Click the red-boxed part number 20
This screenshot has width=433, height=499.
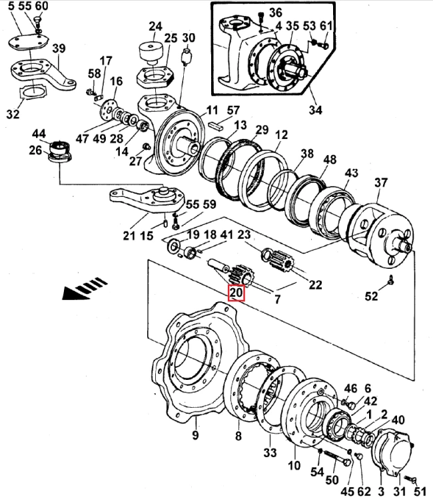(x=236, y=293)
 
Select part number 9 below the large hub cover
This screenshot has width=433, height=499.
(x=195, y=437)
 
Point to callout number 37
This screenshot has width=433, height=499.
(x=380, y=182)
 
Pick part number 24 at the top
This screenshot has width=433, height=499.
(x=155, y=27)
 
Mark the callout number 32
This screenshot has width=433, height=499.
(x=13, y=114)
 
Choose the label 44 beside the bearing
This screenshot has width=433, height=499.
(x=40, y=134)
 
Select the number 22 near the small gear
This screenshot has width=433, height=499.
(x=314, y=285)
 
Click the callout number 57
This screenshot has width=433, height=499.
(x=232, y=110)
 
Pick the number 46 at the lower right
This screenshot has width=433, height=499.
(x=350, y=389)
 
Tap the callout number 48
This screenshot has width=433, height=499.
(x=329, y=160)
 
